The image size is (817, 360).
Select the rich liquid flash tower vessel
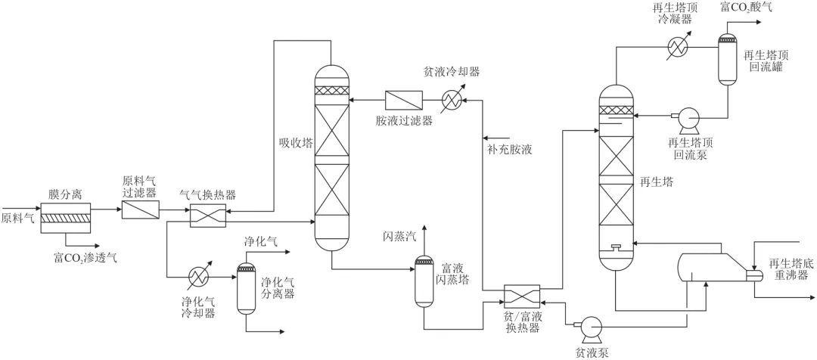(x=423, y=280)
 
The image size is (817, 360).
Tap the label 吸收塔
(x=294, y=142)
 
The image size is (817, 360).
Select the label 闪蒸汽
(x=400, y=237)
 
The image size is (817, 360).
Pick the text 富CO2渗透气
(x=85, y=257)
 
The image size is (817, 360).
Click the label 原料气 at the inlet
(x=17, y=219)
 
